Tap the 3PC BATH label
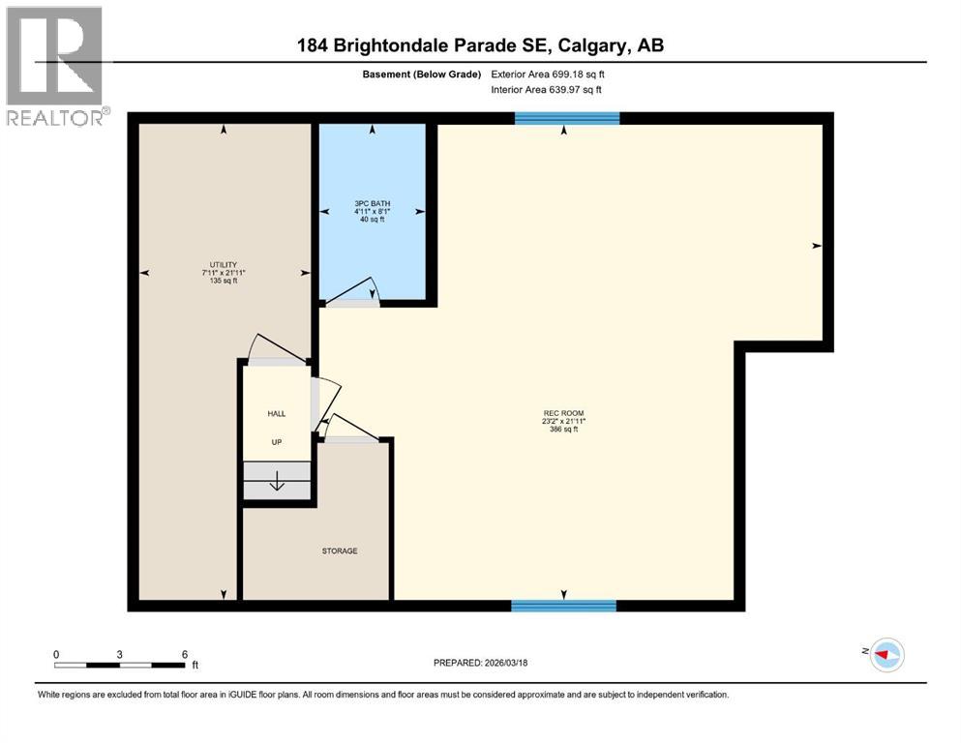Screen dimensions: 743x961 (372, 203)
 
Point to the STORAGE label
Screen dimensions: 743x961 (340, 550)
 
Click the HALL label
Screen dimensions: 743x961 (277, 413)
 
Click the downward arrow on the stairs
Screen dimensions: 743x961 (277, 481)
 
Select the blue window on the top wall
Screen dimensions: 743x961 (567, 118)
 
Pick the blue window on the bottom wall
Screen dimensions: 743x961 (564, 606)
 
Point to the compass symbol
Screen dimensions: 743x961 (886, 655)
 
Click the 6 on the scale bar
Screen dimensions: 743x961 (184, 655)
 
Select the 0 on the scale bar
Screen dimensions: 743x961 (56, 655)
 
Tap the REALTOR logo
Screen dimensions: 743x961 (57, 66)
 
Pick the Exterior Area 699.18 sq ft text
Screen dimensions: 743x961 (549, 74)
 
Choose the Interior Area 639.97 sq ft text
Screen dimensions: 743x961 (547, 89)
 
